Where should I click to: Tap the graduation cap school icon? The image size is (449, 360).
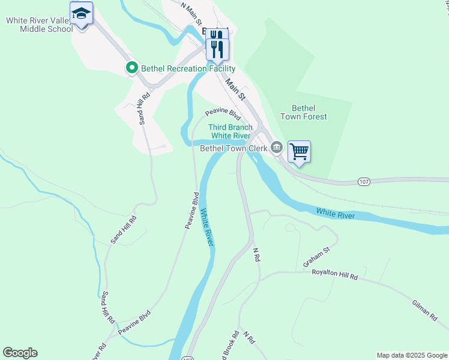point(81,13)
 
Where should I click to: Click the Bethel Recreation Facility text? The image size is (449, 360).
point(187,68)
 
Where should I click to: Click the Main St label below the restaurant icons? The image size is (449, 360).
point(235,87)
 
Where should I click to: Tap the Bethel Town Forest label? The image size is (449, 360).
point(309,112)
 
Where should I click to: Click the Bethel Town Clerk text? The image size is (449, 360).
point(233,148)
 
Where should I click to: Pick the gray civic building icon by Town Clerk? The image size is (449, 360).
point(277,146)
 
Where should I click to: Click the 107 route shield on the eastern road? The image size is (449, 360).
point(364,181)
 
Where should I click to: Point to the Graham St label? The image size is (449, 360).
point(316,257)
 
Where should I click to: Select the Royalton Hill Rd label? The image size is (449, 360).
point(334,274)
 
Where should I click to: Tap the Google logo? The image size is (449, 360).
point(20,353)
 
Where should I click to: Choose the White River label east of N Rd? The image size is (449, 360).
point(335,213)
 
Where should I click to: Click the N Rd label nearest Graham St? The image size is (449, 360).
point(256,254)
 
